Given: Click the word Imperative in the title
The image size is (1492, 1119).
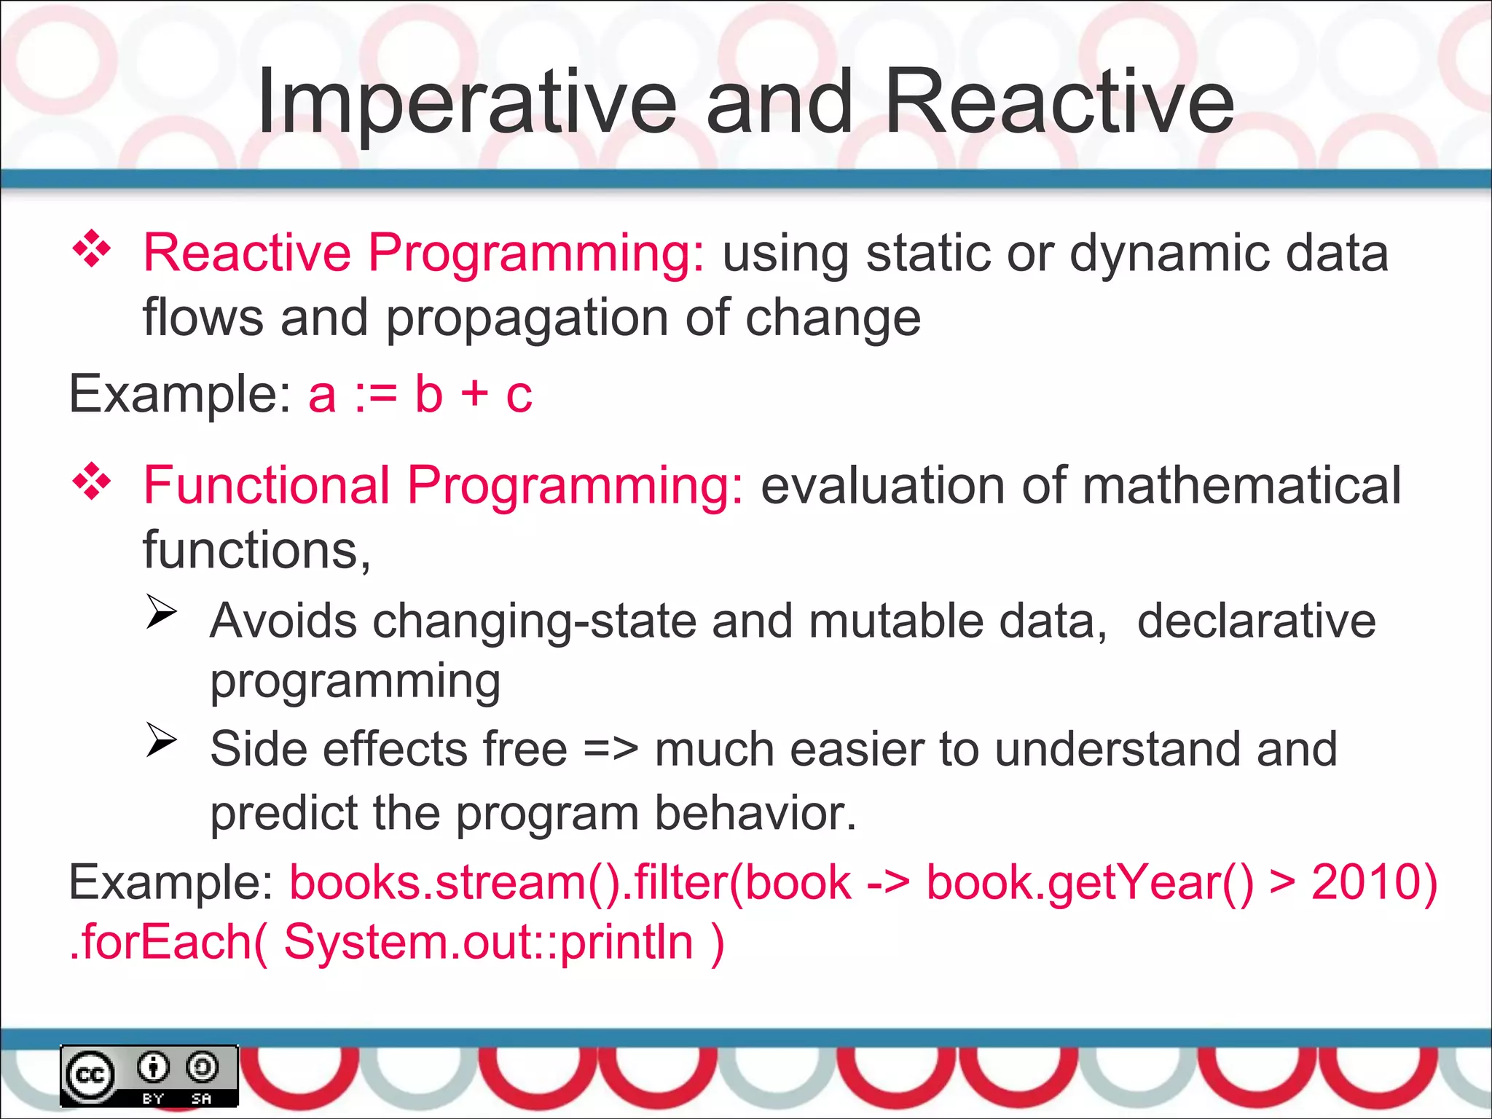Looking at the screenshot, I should (x=466, y=102).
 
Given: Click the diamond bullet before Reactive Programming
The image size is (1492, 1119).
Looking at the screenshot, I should (x=92, y=250).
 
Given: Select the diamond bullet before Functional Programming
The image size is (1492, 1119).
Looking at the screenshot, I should (x=92, y=482).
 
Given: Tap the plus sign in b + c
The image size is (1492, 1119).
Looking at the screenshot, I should (x=474, y=394).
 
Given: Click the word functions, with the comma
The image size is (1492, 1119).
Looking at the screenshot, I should (x=256, y=550).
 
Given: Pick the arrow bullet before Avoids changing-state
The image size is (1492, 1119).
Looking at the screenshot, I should (x=162, y=612).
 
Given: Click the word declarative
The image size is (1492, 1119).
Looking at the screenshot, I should (x=1256, y=621).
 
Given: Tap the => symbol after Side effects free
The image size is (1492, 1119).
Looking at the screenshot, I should (x=610, y=749).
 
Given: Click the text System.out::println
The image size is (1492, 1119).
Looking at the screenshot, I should (x=488, y=942).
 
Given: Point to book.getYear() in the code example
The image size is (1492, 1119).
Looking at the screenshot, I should (x=1090, y=884).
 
